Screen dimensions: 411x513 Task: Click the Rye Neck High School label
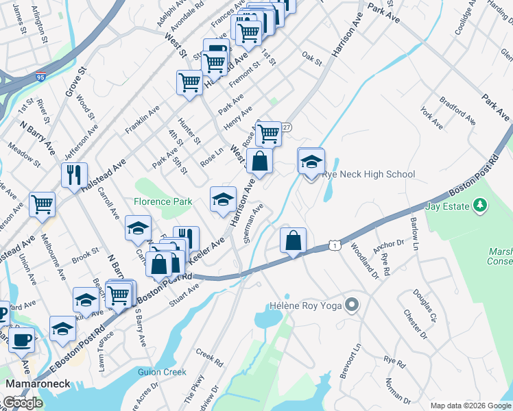pos(368,175)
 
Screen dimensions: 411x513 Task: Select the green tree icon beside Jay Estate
pos(480,205)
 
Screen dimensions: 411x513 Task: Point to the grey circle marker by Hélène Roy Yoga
pos(353,303)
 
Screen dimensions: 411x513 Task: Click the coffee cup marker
pos(22,338)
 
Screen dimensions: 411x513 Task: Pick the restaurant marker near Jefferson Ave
pos(74,175)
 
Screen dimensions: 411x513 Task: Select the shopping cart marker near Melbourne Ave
pos(43,205)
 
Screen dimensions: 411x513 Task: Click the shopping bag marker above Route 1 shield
pos(293,240)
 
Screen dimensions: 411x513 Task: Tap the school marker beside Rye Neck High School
pos(311,162)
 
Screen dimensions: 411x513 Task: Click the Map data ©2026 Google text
pos(470,406)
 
